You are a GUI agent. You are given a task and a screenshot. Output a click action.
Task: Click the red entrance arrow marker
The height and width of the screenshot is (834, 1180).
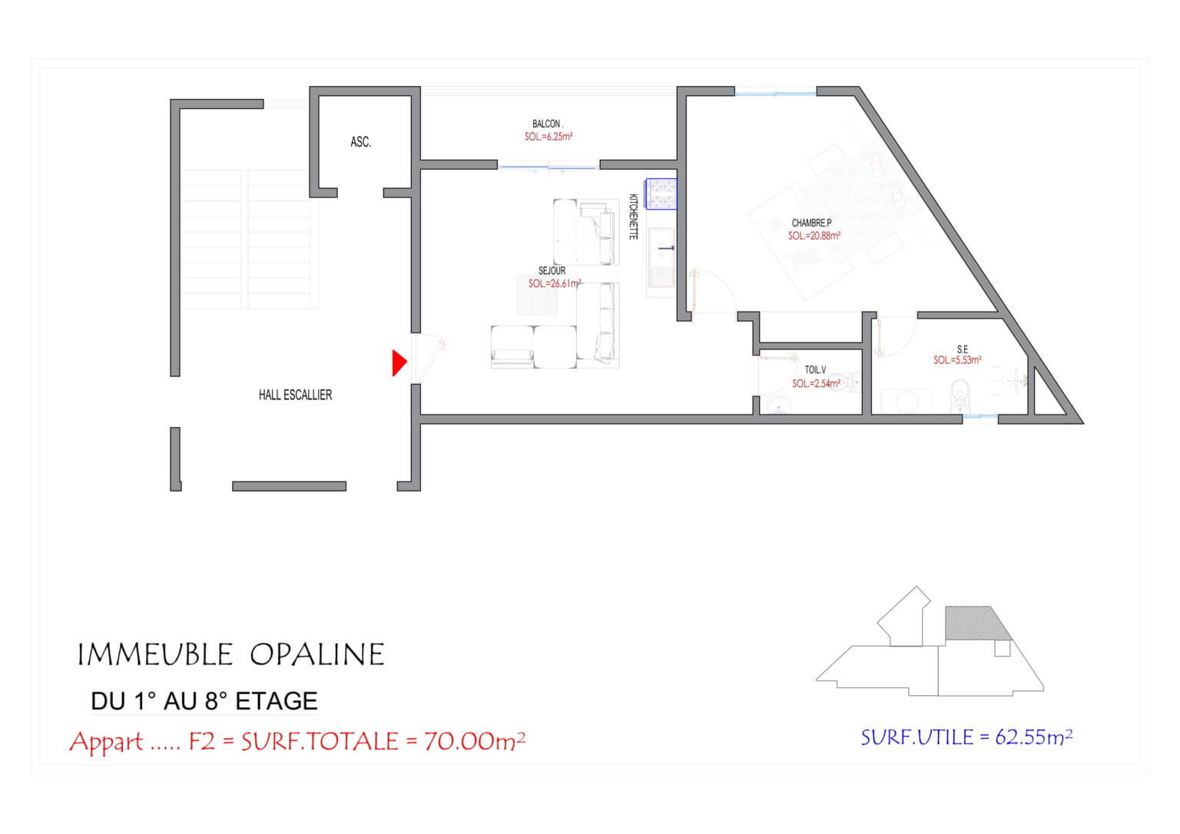tap(399, 362)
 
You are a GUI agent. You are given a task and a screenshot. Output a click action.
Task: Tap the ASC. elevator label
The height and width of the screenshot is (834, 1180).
tap(360, 142)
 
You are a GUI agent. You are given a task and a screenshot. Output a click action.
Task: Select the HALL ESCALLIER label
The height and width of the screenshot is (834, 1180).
tap(295, 395)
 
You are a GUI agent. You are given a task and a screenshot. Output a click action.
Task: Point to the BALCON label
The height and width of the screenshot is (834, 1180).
tap(547, 124)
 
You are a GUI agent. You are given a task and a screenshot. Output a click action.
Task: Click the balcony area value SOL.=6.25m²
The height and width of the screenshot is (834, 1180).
tap(549, 137)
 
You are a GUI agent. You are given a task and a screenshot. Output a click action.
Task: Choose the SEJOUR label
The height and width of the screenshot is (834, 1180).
tap(552, 271)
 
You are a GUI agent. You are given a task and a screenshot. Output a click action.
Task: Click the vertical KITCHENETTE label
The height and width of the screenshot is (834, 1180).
tap(634, 217)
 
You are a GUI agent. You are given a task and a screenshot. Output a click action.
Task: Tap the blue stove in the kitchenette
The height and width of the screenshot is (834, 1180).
tap(661, 194)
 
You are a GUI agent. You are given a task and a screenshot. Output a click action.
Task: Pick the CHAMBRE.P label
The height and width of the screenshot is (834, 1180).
tap(811, 223)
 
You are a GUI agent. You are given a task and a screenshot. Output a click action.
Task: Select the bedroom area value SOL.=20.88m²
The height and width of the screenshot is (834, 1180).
tap(814, 236)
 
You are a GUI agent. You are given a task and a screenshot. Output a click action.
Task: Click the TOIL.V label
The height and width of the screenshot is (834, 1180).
tap(815, 370)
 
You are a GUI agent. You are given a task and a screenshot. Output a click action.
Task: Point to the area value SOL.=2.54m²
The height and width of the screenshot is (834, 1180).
tap(816, 383)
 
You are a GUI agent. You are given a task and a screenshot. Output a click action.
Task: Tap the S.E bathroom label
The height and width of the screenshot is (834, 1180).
tap(962, 349)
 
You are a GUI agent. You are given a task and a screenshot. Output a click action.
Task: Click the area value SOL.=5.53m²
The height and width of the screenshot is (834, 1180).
tap(957, 360)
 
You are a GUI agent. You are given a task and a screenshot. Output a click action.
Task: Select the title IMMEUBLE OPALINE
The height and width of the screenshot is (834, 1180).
tap(230, 655)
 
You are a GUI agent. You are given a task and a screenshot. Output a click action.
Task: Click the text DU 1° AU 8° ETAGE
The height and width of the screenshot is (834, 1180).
tap(204, 701)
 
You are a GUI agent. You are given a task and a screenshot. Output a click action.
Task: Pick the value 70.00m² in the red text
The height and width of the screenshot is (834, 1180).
tap(475, 741)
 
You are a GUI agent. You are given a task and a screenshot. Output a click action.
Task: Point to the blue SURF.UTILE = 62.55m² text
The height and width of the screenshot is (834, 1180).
tap(966, 737)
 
